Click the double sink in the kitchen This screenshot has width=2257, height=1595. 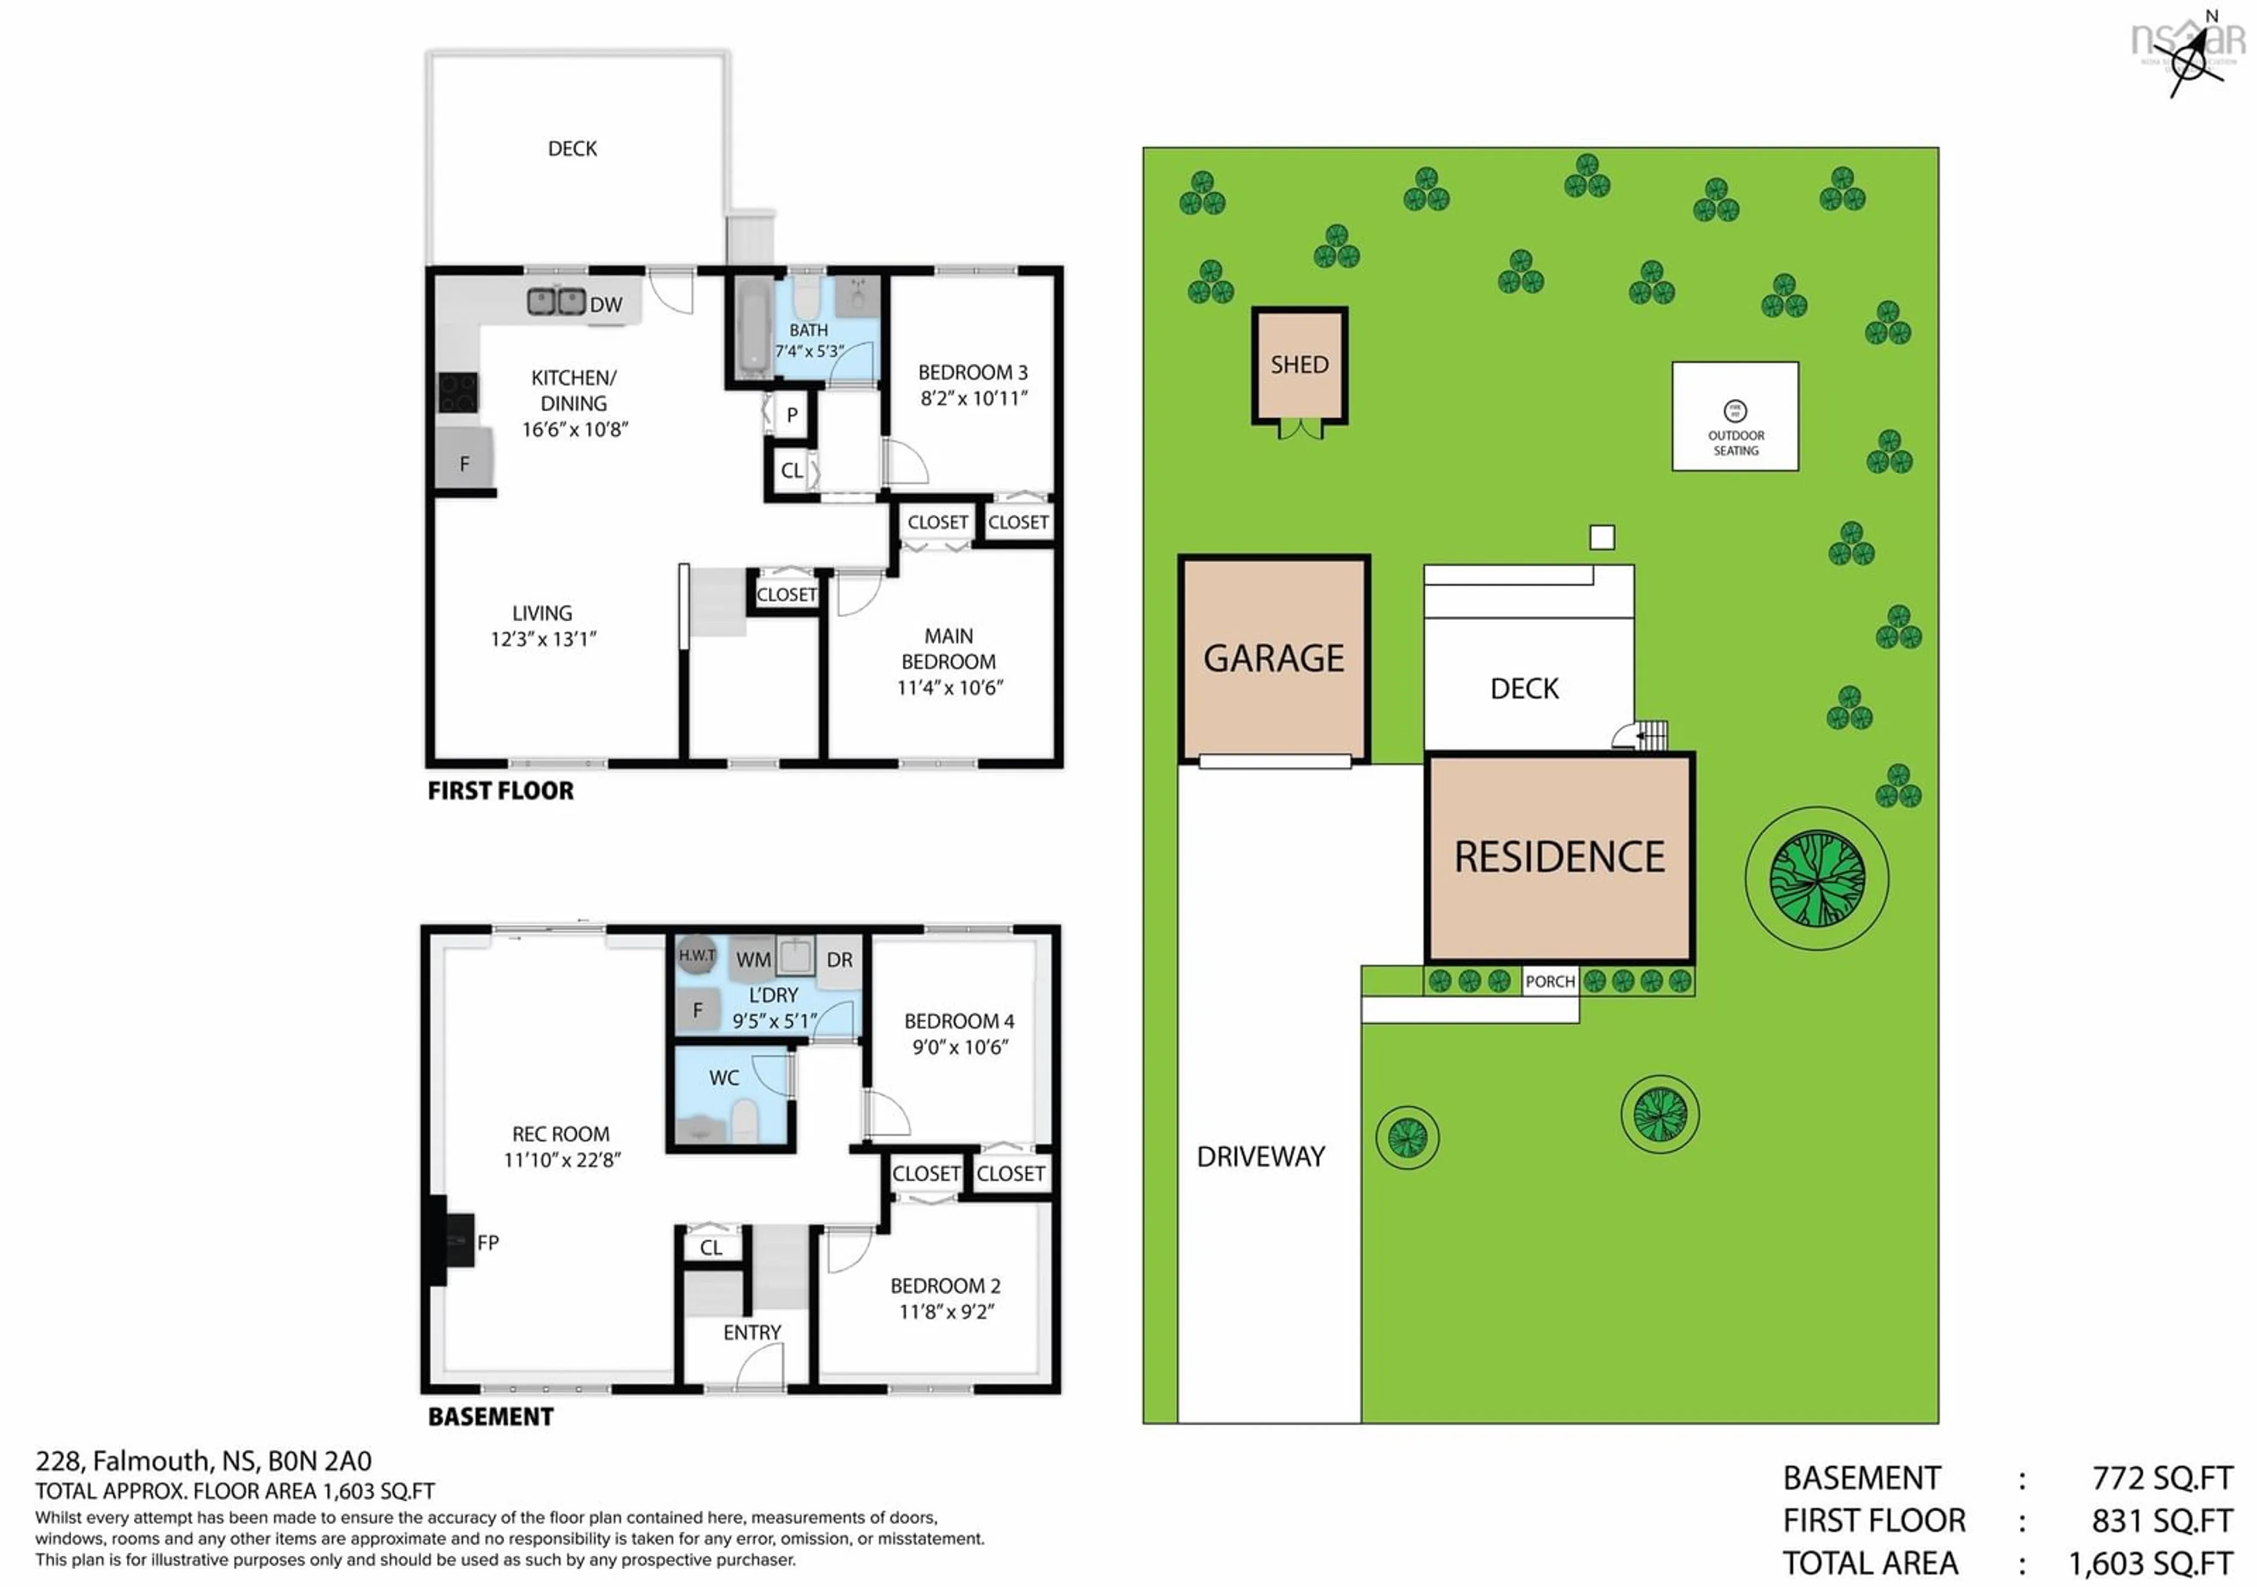coord(557,301)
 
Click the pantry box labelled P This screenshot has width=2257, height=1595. coord(791,415)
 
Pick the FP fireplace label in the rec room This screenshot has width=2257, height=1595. coord(488,1242)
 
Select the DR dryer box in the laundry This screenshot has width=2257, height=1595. coord(839,959)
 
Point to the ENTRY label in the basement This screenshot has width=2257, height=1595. coord(752,1333)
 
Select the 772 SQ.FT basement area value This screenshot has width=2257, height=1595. coord(2162,1478)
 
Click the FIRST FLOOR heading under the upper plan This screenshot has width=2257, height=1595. coord(500,791)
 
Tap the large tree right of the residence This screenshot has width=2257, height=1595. coord(1817,877)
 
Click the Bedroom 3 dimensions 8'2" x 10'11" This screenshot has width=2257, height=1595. coord(973,398)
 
